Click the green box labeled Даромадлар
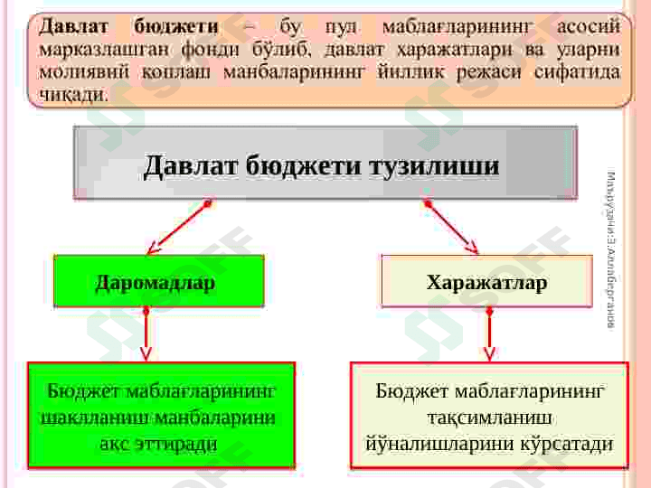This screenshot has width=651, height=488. click(158, 281)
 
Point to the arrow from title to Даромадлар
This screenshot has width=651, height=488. click(178, 227)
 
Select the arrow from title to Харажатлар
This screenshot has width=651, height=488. click(451, 227)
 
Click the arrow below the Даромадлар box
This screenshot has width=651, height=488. click(146, 334)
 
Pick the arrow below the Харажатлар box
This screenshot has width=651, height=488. click(489, 334)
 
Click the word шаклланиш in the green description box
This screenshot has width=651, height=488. click(95, 418)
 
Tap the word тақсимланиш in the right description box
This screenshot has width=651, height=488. click(489, 418)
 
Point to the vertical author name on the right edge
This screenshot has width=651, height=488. click(611, 249)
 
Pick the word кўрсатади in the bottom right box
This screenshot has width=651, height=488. click(569, 445)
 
